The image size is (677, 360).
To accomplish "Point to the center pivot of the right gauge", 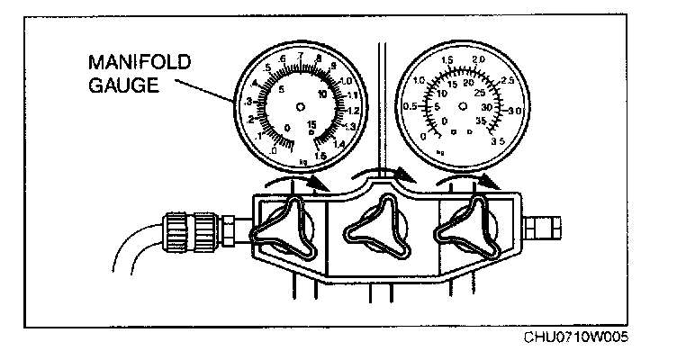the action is point(463,106).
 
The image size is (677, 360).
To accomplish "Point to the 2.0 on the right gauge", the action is point(478,59).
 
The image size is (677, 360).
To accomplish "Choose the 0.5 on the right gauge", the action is point(409,106).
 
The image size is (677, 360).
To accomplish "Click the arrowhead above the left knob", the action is point(317,185).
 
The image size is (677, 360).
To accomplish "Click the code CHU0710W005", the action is point(577,340).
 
